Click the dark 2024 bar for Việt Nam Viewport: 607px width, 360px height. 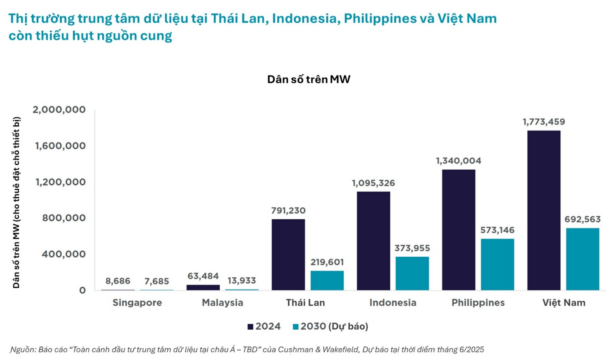pos(543,210)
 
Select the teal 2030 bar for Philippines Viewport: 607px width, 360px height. pos(497,264)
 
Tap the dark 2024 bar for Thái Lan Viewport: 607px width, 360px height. pos(288,254)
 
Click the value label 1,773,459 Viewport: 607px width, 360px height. pos(543,122)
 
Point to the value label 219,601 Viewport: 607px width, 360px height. pos(327,262)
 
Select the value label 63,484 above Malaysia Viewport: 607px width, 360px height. pos(203,276)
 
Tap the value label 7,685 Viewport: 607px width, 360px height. pos(156,281)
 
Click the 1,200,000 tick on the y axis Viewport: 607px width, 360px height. pos(60,182)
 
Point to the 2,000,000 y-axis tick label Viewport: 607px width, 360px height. pos(59,110)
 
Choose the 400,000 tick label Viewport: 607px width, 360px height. pos(64,254)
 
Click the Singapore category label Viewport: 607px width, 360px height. pos(137,302)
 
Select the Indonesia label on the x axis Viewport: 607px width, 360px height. pos(393,302)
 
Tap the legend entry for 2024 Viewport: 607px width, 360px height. pos(264,326)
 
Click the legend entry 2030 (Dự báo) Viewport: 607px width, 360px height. pos(331,326)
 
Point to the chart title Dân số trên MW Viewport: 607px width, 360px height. pos(309,79)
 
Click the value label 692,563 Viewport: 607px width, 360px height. pos(582,219)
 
